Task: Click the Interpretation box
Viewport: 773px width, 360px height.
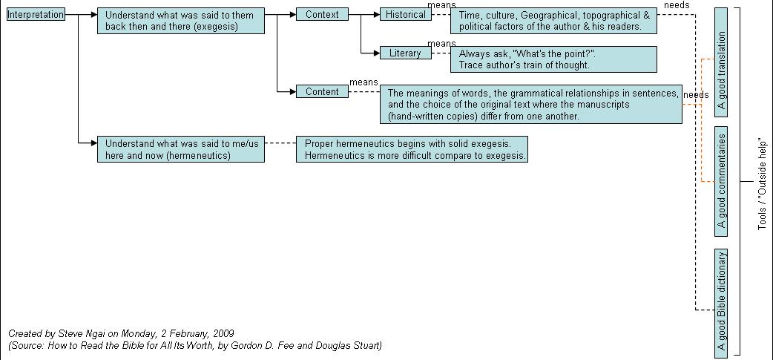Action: [x=36, y=15]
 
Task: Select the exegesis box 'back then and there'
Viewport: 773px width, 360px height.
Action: [x=181, y=21]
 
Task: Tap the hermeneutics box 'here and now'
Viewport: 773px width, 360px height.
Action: [x=181, y=149]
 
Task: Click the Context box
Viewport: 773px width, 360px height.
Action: [x=322, y=14]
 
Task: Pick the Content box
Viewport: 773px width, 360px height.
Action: [x=322, y=92]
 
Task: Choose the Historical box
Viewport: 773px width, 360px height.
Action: [x=406, y=14]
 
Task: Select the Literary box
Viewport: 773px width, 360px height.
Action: [x=406, y=53]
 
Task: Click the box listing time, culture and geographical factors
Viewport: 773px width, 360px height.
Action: [x=553, y=21]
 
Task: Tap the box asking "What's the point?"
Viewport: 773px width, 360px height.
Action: [x=553, y=59]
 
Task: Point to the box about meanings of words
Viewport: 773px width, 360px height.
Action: [x=531, y=104]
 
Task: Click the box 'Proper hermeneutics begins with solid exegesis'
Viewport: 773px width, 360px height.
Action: [x=412, y=149]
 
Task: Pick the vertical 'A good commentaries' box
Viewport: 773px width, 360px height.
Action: [x=721, y=181]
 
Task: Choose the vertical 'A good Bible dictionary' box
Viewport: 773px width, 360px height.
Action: [x=721, y=303]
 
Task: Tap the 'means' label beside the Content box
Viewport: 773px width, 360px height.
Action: [x=364, y=82]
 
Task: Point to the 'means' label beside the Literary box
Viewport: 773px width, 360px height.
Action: [x=441, y=43]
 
